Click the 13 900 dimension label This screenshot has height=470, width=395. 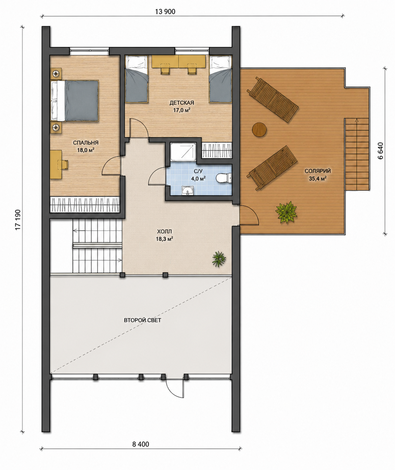click(165, 12)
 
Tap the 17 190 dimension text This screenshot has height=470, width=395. click(18, 220)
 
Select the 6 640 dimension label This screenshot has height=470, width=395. click(380, 151)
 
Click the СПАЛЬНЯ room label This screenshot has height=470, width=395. click(85, 143)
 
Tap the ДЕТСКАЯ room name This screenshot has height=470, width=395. click(182, 103)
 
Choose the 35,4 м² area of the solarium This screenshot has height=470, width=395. click(318, 178)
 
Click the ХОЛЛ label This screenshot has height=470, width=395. click(164, 231)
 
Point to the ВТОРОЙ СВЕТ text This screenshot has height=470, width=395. click(142, 320)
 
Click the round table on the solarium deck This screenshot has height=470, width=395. click(259, 129)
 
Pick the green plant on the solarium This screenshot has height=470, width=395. click(286, 212)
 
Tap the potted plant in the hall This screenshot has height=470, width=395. click(219, 259)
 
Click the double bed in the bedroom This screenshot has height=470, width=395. click(74, 101)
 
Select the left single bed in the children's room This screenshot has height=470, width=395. click(137, 79)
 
